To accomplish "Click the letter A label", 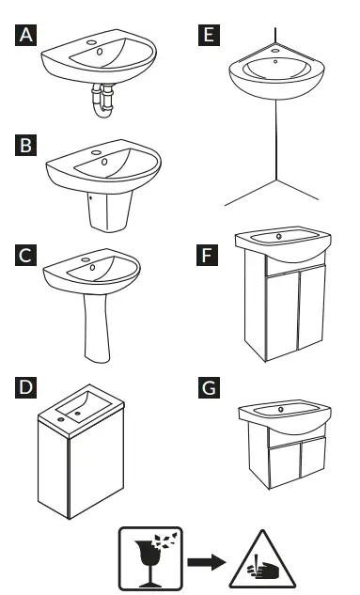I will [x=27, y=37].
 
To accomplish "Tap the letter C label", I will [x=27, y=254].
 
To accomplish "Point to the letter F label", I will [x=208, y=254].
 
